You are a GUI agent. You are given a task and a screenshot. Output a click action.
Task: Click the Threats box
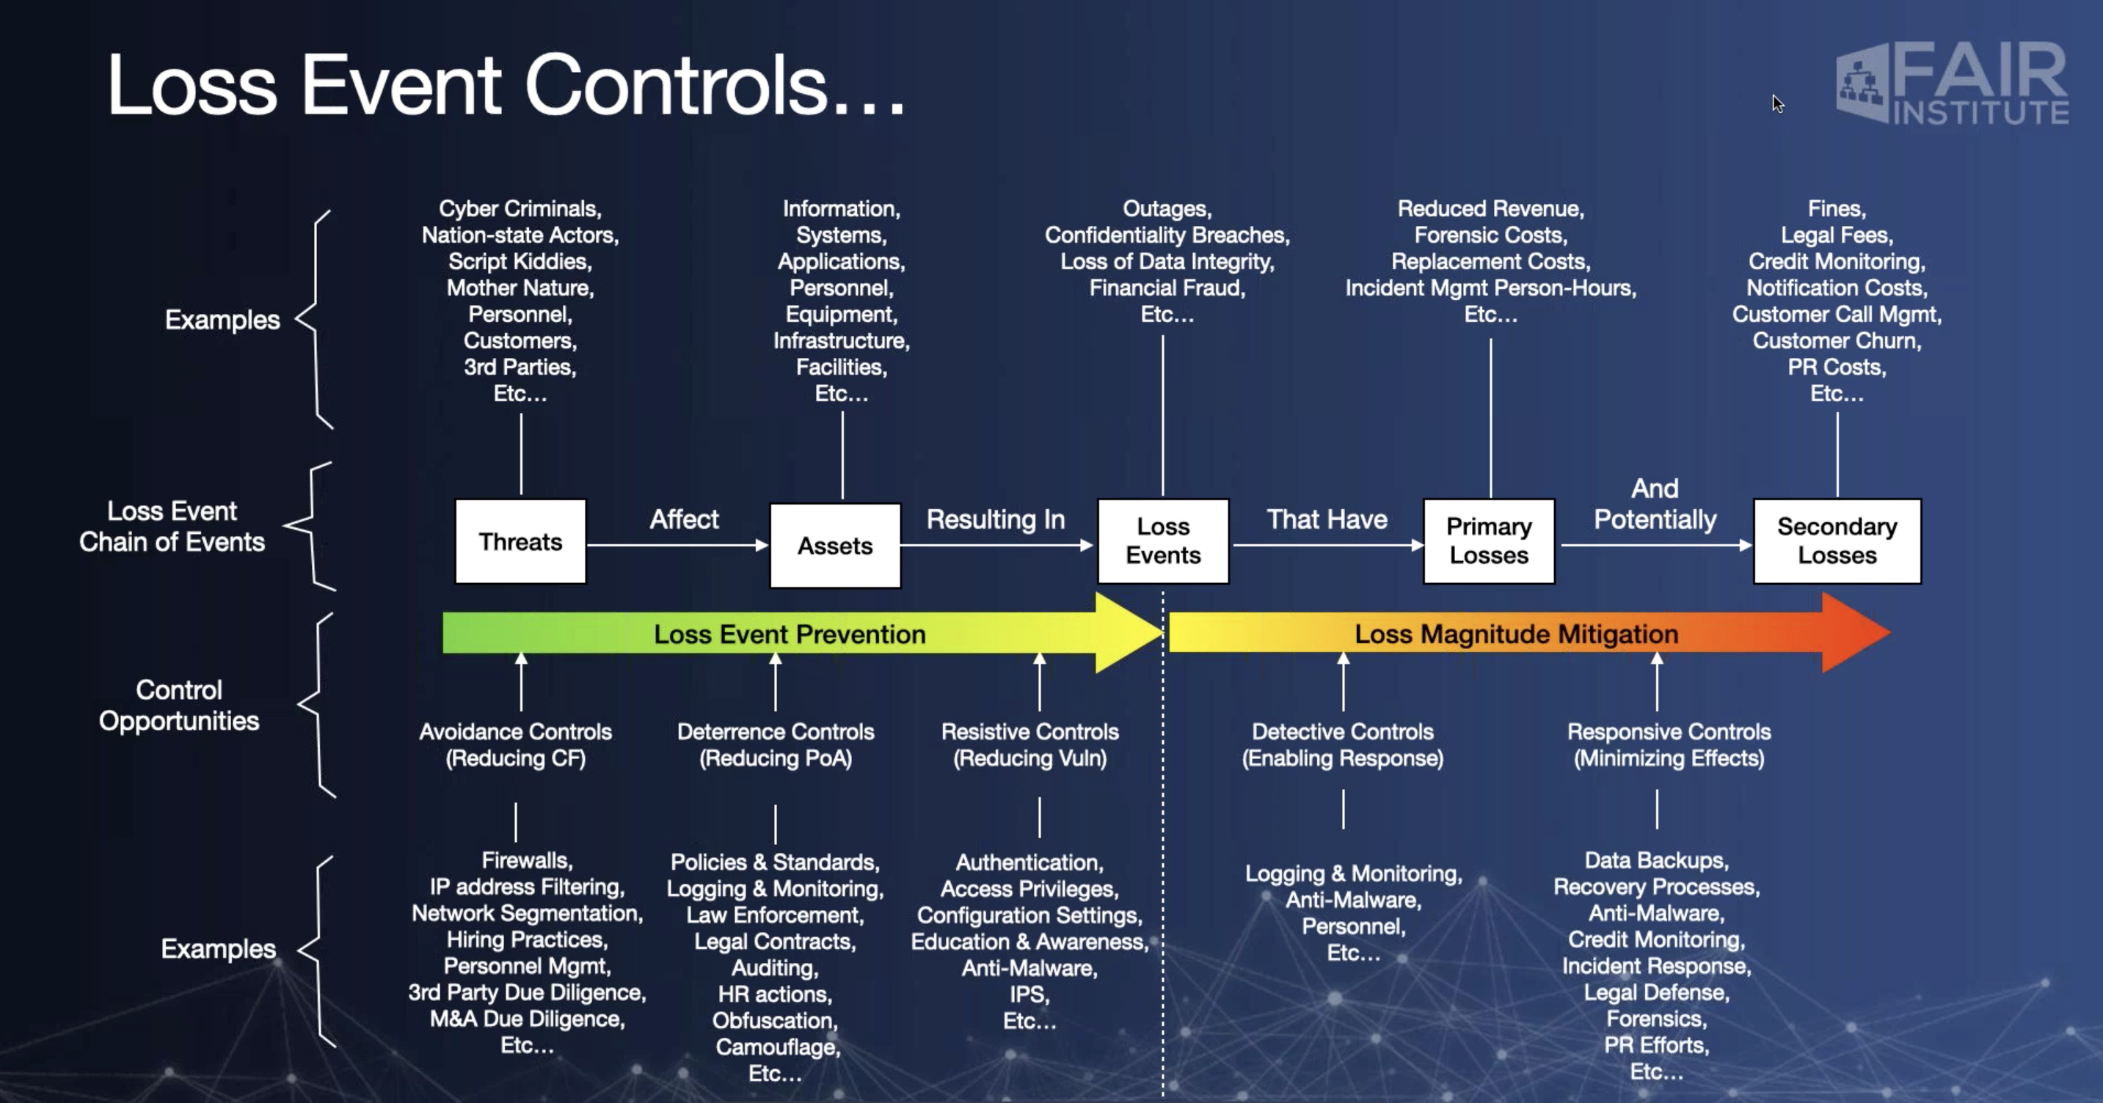521,542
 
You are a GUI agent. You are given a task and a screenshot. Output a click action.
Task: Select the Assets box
835,545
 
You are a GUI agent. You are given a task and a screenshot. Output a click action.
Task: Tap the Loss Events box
1163,541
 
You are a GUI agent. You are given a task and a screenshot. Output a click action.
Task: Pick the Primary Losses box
1489,541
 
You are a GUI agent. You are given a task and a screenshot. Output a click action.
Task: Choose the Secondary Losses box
1837,541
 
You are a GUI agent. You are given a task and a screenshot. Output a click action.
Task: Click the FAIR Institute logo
1952,83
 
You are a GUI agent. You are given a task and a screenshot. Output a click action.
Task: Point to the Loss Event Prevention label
790,634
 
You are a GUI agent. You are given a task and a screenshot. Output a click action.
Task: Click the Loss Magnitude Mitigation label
1516,634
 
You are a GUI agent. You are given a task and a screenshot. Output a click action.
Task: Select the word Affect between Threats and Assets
684,519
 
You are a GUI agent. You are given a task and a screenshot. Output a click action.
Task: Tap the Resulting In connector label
995,520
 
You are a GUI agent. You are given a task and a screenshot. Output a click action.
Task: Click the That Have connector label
1327,519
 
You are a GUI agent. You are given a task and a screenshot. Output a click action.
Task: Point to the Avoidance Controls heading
515,732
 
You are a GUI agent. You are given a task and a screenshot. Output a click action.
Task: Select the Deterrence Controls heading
776,732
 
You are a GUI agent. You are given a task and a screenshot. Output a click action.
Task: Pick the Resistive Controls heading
1030,732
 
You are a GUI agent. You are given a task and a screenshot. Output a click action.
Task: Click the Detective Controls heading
1343,732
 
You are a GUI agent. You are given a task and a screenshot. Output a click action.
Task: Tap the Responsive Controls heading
1669,732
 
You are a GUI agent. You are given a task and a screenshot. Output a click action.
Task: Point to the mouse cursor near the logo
1778,103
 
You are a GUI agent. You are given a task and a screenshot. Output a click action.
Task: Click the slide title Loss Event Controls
506,85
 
